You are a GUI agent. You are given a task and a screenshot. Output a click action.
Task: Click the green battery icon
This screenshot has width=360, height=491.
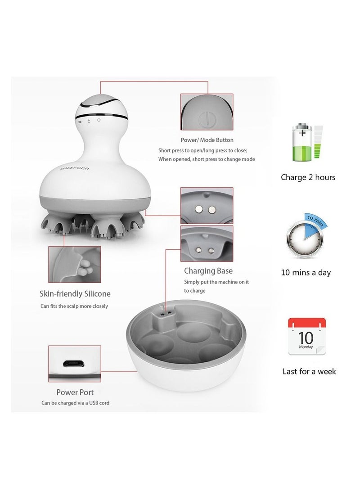point(304,143)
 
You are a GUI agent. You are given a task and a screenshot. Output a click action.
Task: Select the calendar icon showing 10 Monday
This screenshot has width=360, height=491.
point(307,337)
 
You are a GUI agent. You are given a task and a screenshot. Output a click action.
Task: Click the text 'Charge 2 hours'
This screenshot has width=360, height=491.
point(308,177)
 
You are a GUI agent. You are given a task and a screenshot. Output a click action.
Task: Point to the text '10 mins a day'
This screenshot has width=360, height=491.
point(306,273)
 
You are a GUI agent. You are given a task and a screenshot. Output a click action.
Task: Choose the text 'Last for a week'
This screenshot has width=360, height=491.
point(309,372)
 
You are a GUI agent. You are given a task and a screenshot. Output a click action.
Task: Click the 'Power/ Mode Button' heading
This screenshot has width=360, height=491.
point(207,140)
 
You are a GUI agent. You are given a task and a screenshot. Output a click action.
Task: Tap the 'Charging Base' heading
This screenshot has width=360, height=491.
point(208,271)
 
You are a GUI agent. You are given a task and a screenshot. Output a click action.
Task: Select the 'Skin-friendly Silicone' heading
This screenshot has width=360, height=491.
point(75,294)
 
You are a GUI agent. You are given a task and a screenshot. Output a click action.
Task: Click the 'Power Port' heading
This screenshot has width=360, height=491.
point(75,392)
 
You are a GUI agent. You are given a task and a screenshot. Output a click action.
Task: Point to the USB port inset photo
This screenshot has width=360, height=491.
point(75,363)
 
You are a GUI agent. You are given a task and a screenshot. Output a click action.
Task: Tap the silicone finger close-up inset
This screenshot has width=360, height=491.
point(75,264)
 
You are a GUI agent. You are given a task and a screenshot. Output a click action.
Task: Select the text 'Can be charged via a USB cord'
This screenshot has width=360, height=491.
point(75,403)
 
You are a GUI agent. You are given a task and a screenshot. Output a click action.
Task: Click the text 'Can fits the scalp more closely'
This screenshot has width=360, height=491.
point(75,306)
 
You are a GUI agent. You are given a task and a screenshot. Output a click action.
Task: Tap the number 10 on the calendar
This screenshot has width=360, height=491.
point(306,337)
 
